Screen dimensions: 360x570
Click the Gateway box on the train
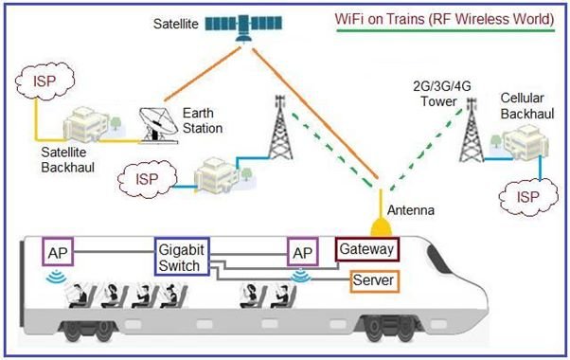pyautogui.click(x=366, y=250)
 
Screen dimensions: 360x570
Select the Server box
pyautogui.click(x=372, y=281)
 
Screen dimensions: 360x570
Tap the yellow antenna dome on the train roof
pyautogui.click(x=380, y=228)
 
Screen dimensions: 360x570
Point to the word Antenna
pyautogui.click(x=410, y=208)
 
